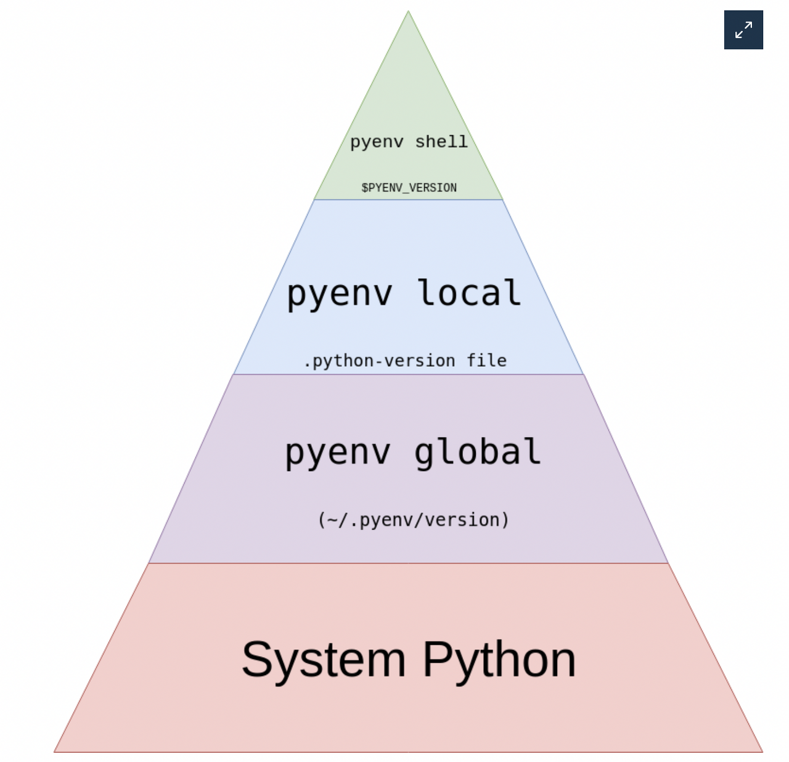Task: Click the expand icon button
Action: pos(743,30)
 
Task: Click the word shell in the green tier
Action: pos(441,142)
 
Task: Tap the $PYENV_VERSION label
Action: pos(409,187)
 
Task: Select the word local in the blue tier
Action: pos(469,293)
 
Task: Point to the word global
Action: pos(477,453)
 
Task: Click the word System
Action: pos(324,660)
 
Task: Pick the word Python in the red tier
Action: pos(499,660)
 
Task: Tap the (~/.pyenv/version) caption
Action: pos(414,520)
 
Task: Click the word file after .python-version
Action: pos(486,360)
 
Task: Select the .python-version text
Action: pos(380,361)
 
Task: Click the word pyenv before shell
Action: pos(377,142)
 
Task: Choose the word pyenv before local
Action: pos(340,294)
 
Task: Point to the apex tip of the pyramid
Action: pos(408,12)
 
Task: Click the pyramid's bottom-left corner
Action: pos(55,752)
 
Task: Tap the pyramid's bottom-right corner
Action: pos(762,752)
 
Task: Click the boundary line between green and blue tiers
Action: pos(409,199)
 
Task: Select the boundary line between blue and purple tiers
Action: pos(409,374)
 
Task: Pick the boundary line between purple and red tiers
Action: pos(409,563)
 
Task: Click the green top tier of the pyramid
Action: pos(408,92)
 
